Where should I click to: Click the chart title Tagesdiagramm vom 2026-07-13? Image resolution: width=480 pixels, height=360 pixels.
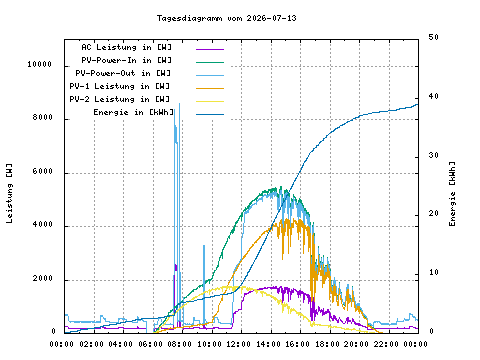coord(227,18)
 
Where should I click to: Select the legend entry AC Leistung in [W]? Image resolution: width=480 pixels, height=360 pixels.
coord(126,47)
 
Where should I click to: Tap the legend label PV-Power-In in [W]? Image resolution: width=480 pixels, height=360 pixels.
coord(126,60)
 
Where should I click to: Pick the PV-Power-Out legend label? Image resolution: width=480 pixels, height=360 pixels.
coord(123,73)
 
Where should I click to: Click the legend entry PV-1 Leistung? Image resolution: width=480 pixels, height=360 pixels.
coord(120,86)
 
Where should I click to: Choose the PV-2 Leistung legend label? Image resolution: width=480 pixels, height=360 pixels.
coord(120,99)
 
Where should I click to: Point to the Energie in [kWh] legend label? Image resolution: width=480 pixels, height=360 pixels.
coord(134,112)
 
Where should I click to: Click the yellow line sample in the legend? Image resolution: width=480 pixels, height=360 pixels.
coord(210,101)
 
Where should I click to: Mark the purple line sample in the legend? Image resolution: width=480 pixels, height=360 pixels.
coord(210,49)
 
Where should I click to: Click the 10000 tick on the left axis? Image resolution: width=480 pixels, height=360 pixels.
coord(40,64)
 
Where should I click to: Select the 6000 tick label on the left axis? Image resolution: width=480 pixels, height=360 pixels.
coord(43,171)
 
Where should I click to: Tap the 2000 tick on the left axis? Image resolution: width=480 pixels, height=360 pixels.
coord(43,278)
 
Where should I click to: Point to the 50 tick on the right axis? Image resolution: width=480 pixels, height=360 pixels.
coord(434,37)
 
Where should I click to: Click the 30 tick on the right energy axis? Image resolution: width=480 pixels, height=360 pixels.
coord(434,155)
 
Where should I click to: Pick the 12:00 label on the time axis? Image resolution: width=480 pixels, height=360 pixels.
coord(239,344)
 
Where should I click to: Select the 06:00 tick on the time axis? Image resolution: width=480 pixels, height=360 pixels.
coord(150,344)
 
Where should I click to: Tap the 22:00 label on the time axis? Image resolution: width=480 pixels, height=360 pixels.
coord(386,344)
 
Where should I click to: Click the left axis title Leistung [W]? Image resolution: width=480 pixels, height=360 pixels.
coord(9,193)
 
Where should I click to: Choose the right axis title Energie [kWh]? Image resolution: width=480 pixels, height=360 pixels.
coord(452,194)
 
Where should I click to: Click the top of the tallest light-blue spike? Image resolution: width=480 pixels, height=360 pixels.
coord(179,104)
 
